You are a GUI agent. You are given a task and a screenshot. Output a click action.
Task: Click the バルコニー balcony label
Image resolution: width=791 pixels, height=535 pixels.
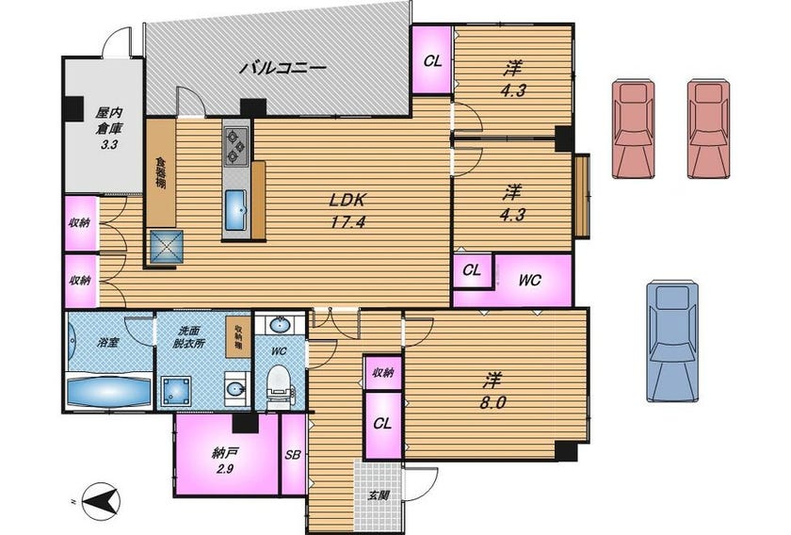[x=283, y=68]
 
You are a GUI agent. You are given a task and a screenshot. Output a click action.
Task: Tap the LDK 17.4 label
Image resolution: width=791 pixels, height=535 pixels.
[x=347, y=210]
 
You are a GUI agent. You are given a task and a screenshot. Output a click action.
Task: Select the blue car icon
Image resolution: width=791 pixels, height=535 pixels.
[x=672, y=341]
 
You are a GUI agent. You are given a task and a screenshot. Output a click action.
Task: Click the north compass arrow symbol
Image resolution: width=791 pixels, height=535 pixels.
[x=101, y=501]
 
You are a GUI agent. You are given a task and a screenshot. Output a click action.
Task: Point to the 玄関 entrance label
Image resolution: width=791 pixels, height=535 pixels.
[x=378, y=495]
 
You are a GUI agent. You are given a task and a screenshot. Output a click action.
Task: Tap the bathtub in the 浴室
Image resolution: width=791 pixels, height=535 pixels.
[x=109, y=390]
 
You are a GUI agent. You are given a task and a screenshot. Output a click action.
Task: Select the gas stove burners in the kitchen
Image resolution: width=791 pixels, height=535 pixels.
[x=236, y=146]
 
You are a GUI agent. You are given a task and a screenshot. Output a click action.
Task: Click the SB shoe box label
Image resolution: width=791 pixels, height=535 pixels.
[x=293, y=455]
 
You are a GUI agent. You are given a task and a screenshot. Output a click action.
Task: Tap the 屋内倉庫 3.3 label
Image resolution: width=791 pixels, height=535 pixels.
[x=109, y=128]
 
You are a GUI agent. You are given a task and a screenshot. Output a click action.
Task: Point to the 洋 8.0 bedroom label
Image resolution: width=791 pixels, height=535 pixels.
[x=492, y=391]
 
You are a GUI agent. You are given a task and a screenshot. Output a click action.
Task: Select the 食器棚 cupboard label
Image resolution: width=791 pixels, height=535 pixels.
[x=161, y=172]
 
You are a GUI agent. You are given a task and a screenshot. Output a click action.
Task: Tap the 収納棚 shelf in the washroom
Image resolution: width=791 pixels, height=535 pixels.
[x=238, y=336]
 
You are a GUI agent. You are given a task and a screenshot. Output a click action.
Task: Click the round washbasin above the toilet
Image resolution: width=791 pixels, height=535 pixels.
[x=279, y=326]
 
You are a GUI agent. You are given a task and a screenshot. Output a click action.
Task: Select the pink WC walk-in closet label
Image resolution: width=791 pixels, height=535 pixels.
[x=529, y=280]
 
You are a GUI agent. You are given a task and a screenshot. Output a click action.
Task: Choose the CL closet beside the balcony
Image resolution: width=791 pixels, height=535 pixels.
[x=432, y=60]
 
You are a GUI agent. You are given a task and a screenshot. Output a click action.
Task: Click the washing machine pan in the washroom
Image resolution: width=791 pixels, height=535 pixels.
[x=176, y=390]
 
